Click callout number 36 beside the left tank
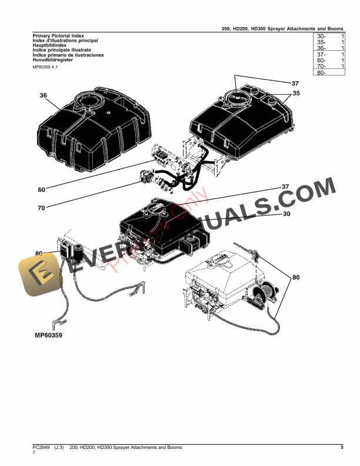click(x=43, y=95)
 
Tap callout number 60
click(x=41, y=189)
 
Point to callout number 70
click(x=41, y=208)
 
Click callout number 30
click(x=286, y=214)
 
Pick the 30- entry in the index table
click(x=321, y=36)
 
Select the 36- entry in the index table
click(x=321, y=48)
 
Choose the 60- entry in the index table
click(x=321, y=61)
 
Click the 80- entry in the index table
click(x=321, y=73)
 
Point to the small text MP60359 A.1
click(x=45, y=67)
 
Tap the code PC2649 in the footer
click(x=42, y=448)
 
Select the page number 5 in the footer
click(x=342, y=448)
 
